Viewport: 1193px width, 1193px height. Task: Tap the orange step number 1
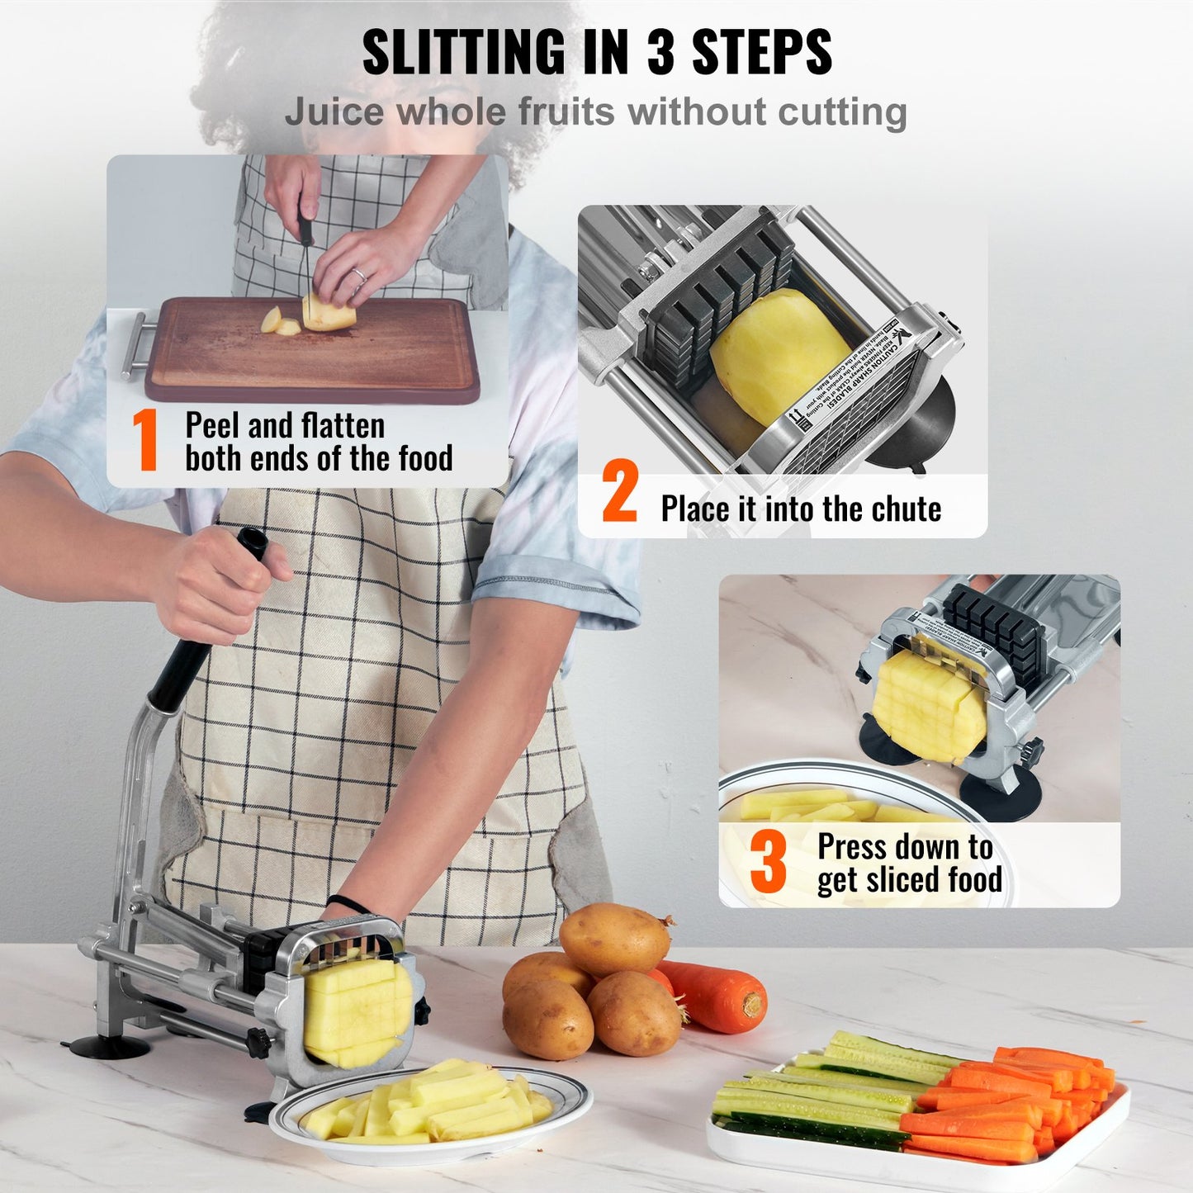tap(145, 441)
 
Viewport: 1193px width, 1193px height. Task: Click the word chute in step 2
tap(906, 509)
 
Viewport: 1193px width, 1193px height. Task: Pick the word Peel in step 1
tap(214, 426)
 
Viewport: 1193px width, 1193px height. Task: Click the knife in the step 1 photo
tap(307, 256)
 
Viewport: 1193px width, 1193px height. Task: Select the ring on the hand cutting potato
tap(357, 274)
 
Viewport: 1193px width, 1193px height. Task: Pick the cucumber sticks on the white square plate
tap(826, 1090)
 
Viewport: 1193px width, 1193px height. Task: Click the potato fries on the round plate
tap(429, 1102)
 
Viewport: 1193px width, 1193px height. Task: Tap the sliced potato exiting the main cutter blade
tap(355, 1011)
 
